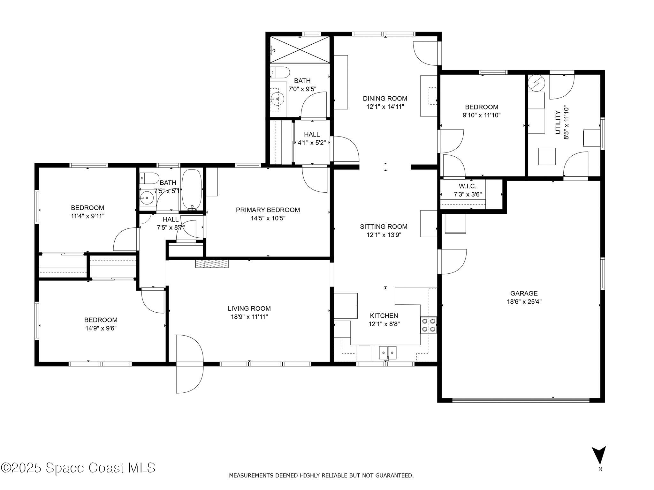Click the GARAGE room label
pyautogui.click(x=524, y=293)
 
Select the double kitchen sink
pyautogui.click(x=387, y=353)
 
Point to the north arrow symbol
pyautogui.click(x=599, y=455)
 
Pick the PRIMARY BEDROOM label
pyautogui.click(x=268, y=210)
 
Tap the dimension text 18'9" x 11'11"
pyautogui.click(x=249, y=317)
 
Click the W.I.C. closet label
pyautogui.click(x=468, y=186)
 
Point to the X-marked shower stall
pyautogui.click(x=300, y=49)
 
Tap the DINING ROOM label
pyautogui.click(x=385, y=98)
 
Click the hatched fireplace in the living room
pyautogui.click(x=212, y=264)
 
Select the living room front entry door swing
pyautogui.click(x=190, y=364)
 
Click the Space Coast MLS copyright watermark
pyautogui.click(x=78, y=468)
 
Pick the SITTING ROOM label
pyautogui.click(x=384, y=226)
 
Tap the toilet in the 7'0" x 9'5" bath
pyautogui.click(x=280, y=72)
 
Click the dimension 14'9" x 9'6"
pyautogui.click(x=101, y=328)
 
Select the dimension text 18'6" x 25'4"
pyautogui.click(x=524, y=301)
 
